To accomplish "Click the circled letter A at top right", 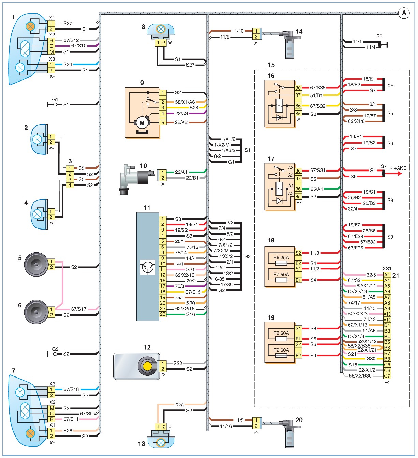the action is coord(404,13).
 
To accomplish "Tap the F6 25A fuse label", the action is coord(281,257).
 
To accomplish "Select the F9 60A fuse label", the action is coord(281,350).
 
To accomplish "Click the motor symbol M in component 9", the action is coord(142,123).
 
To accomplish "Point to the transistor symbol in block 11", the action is coord(148,267).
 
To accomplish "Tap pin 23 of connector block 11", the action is coord(163,314).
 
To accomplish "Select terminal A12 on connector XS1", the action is coord(387,320).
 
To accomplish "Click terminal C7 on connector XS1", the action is coord(387,376).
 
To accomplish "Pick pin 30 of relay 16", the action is coord(298,88).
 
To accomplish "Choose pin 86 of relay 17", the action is coord(298,189).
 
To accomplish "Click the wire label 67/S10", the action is coord(79,46).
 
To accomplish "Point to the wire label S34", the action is coord(68,64).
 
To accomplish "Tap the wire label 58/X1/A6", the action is coord(185,102).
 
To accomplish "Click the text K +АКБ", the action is coord(398,168).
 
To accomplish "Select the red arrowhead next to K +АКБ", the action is coord(399,174).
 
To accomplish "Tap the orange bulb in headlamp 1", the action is coord(30,26).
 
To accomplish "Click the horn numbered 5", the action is coord(36,265).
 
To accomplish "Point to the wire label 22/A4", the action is coord(181,172).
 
